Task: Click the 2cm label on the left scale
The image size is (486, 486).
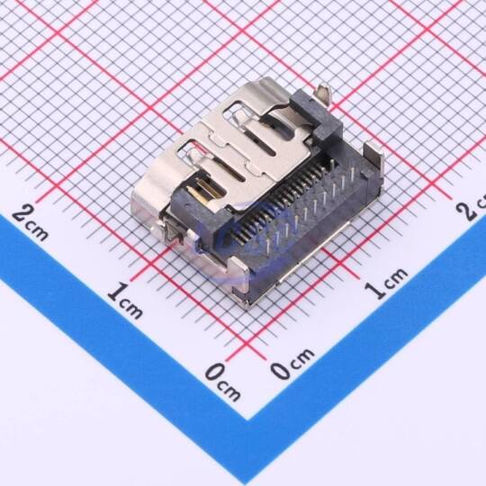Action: click(x=30, y=223)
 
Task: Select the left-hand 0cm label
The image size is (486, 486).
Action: click(x=222, y=382)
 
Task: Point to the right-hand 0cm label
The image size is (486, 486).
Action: click(x=292, y=364)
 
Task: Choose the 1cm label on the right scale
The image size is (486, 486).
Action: click(x=385, y=283)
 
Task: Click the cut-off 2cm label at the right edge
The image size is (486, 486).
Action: click(x=471, y=207)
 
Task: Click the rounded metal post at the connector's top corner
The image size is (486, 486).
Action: click(x=324, y=92)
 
